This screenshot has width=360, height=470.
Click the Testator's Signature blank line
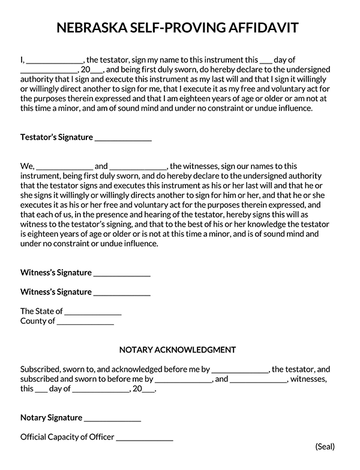point(123,138)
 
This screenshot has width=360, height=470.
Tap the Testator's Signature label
point(56,137)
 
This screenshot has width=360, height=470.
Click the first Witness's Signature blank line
point(122,274)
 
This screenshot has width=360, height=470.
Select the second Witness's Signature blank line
point(122,294)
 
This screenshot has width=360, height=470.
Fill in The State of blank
point(93,313)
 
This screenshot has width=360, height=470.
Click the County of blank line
point(85,323)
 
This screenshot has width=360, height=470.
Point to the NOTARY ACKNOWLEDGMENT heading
point(177,350)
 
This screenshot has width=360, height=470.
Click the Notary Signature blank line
point(112,420)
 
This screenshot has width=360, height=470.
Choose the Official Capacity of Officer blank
point(145,439)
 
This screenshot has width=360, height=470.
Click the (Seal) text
point(325,447)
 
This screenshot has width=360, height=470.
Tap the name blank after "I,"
point(55,61)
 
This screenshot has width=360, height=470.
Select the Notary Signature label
point(51,418)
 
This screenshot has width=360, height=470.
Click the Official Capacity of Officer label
point(67,437)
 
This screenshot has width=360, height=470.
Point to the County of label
point(37,321)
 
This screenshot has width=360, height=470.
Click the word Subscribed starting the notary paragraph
point(42,369)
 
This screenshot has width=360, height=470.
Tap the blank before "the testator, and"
point(239,371)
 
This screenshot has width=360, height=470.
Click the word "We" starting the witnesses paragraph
point(27,166)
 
